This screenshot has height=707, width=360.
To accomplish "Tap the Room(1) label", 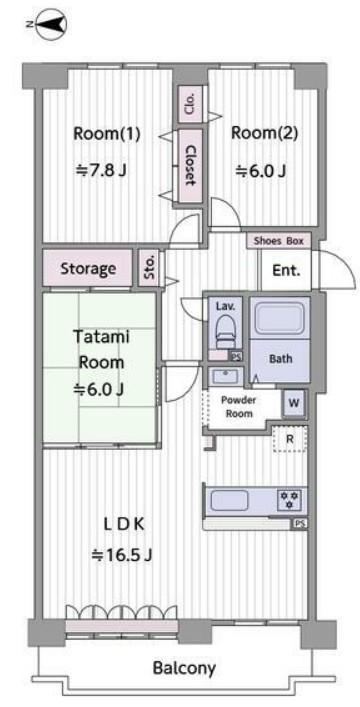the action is click(107, 133).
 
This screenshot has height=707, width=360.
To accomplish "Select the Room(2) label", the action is click(264, 133).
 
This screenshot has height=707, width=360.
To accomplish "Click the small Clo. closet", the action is click(190, 104).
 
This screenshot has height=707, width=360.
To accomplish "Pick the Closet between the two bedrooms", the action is click(190, 165).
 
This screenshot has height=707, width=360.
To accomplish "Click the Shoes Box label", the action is click(279, 240).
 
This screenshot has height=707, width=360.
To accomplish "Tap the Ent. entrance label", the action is click(286, 271).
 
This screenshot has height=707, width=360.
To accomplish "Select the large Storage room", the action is click(88, 268).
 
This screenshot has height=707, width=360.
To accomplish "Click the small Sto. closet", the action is click(149, 267).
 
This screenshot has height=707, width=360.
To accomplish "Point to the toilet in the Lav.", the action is click(225, 331).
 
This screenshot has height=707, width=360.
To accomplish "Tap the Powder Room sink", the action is click(226, 376).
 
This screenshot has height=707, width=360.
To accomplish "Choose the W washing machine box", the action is click(294, 403).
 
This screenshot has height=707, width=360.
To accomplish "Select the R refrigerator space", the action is click(290, 438).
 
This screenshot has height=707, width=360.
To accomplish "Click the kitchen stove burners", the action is click(291, 500).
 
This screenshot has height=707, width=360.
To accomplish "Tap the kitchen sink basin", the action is click(230, 500).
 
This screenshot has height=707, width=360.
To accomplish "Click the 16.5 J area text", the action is click(121, 555).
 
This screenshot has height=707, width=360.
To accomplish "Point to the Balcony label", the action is click(184, 668).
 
